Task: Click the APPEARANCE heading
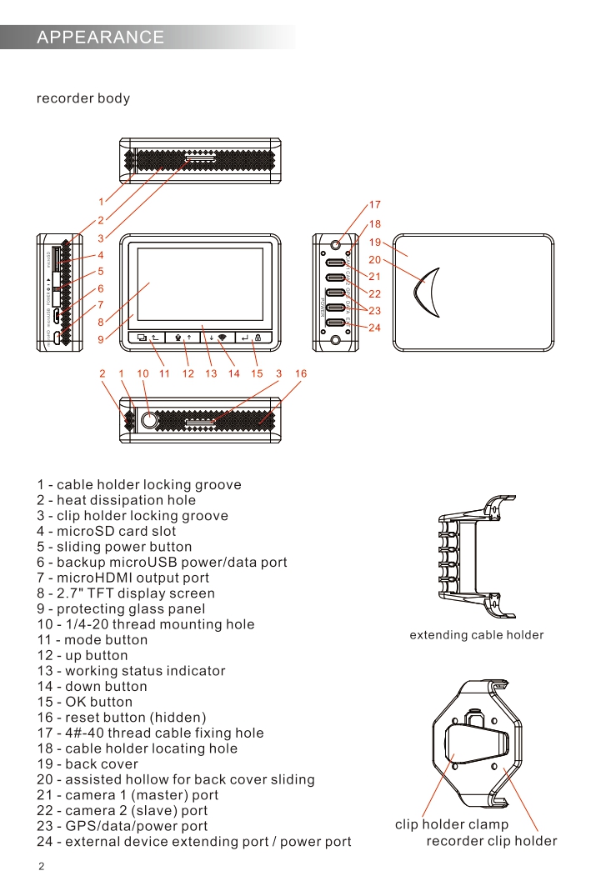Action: (x=101, y=38)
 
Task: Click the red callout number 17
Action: (x=374, y=205)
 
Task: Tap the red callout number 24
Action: (x=374, y=328)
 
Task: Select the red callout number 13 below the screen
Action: (x=211, y=374)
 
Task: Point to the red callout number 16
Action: (x=301, y=374)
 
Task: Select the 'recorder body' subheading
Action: (x=83, y=99)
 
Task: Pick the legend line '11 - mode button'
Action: (x=93, y=640)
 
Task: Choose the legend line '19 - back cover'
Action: (x=88, y=764)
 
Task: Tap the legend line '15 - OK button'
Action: (x=85, y=702)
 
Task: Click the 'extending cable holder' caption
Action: (x=476, y=635)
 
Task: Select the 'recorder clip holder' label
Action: (x=491, y=841)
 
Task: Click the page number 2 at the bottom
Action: (x=41, y=867)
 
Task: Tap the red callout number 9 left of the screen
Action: (x=101, y=340)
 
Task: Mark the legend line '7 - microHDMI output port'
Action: (x=123, y=578)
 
